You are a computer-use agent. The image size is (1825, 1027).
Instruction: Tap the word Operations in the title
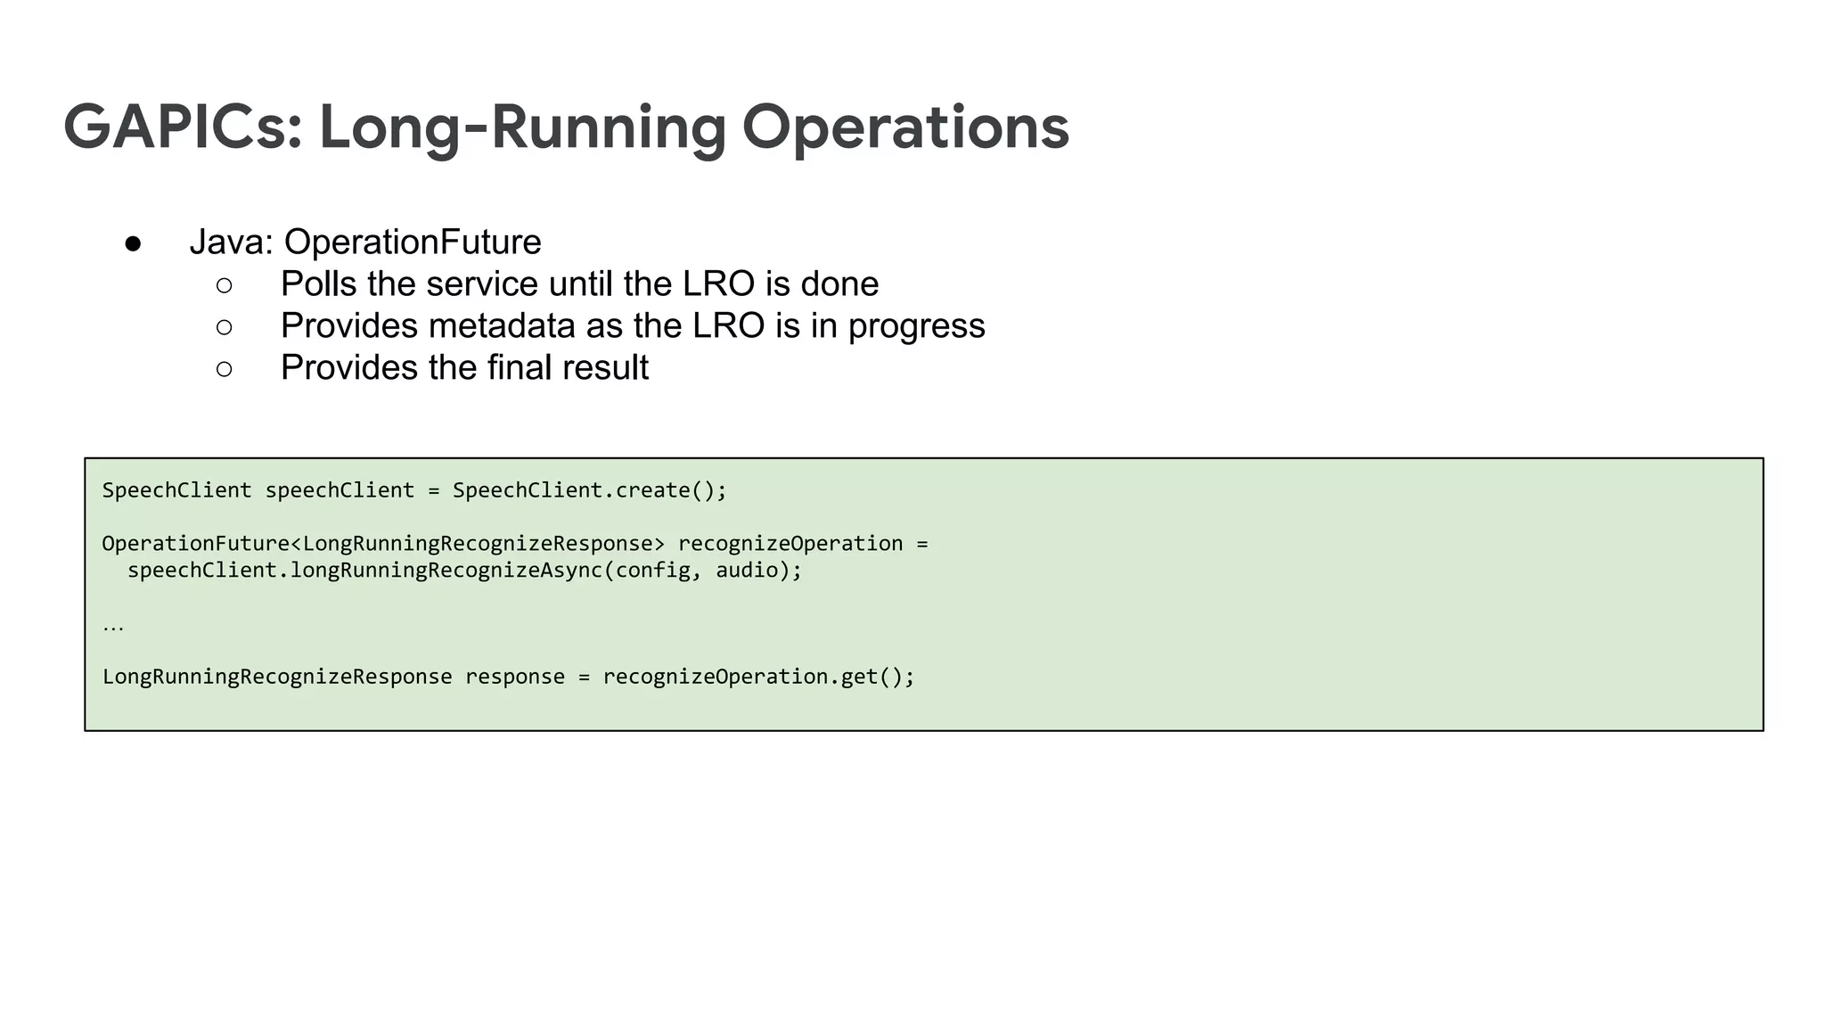pos(905,127)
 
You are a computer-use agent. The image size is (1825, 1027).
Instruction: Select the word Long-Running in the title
pos(522,127)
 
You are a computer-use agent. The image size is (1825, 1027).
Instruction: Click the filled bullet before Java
pos(133,243)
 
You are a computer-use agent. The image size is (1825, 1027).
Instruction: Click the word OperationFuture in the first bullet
pos(413,242)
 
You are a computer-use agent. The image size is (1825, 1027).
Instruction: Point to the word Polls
pos(318,284)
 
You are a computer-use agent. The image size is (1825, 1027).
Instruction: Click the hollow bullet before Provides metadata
pos(225,327)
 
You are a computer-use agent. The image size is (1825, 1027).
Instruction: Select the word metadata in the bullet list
pos(501,326)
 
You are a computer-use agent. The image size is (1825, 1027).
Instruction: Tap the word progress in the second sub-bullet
pos(916,326)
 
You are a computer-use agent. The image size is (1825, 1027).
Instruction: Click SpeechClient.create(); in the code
pos(590,490)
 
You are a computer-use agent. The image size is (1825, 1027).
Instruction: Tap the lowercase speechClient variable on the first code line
pos(340,490)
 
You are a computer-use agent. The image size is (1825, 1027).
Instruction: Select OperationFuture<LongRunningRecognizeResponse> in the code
pos(383,544)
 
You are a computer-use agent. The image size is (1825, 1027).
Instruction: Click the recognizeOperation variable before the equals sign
pos(790,544)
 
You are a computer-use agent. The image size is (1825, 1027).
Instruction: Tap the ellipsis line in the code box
pos(113,626)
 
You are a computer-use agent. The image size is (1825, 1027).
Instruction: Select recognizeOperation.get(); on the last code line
pos(758,678)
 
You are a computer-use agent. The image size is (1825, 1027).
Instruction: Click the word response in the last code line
pos(515,678)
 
